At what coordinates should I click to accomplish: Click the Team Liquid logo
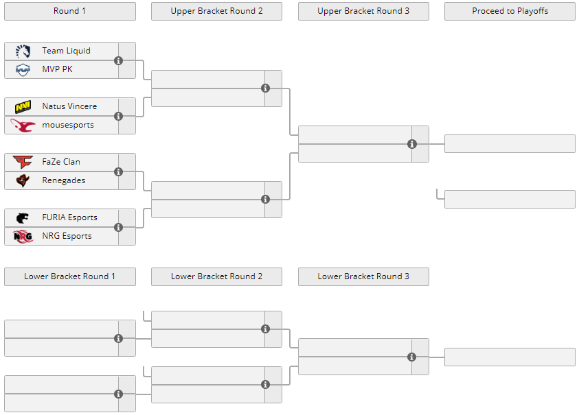23,51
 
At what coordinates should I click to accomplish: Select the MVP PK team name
57,69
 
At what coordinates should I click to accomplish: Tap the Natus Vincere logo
23,106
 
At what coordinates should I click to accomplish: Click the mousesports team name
68,125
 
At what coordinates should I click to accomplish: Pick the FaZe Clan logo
23,162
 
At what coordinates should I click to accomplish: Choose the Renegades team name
63,180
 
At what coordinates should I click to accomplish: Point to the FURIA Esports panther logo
23,217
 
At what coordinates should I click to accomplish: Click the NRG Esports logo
23,236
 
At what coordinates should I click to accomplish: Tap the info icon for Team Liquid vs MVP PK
119,60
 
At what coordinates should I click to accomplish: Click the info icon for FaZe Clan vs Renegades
119,171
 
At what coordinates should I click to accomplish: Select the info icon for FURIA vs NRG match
119,227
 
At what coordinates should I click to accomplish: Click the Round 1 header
70,11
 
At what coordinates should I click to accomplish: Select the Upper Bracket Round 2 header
217,11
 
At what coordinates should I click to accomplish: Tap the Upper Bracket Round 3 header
364,11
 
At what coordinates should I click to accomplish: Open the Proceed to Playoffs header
510,11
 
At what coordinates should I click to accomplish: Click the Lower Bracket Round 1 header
70,276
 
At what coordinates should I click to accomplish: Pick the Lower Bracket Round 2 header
217,276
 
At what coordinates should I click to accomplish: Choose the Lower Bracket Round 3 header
364,276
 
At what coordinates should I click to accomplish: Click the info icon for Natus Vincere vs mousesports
119,116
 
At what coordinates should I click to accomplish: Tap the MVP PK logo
23,69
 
